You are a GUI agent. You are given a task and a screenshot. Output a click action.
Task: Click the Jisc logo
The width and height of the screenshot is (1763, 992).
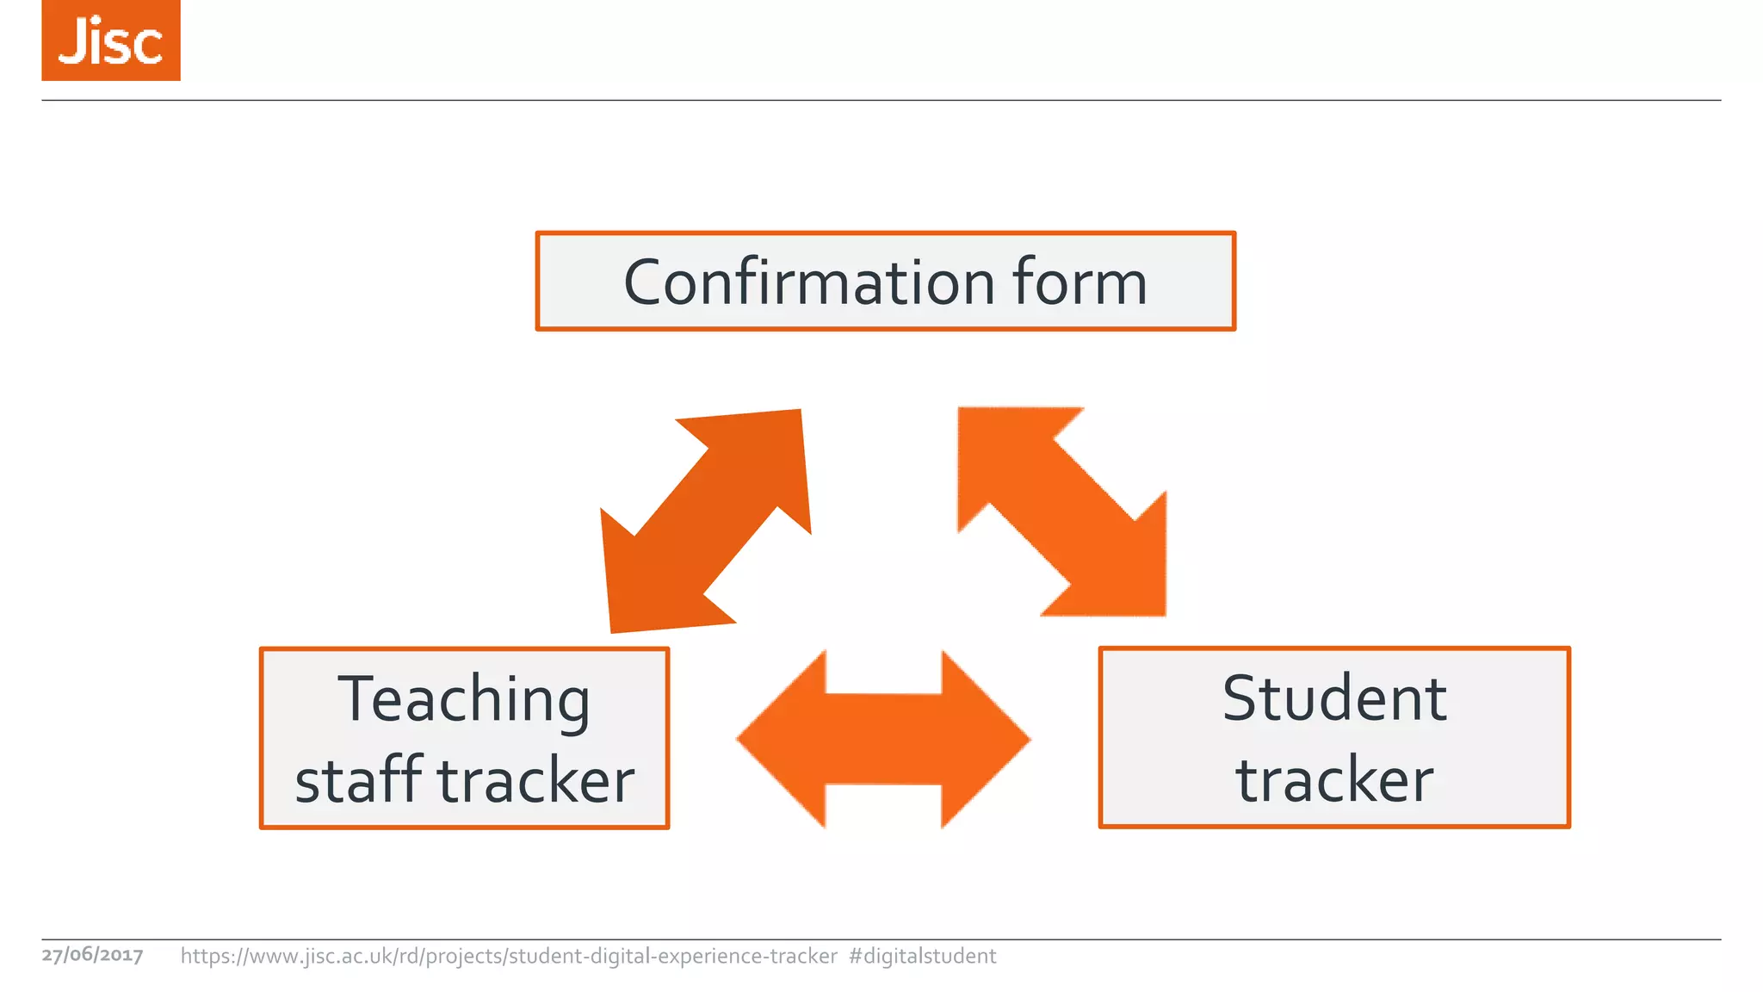click(x=110, y=40)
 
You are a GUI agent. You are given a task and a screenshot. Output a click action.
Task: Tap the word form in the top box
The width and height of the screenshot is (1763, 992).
click(x=1079, y=282)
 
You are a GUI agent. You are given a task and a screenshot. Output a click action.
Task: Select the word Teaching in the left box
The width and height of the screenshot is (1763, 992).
click(x=464, y=699)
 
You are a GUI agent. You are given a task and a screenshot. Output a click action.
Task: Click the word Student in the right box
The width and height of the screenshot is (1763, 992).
click(x=1334, y=698)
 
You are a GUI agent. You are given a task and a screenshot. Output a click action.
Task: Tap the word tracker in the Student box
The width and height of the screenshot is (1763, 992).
click(x=1334, y=779)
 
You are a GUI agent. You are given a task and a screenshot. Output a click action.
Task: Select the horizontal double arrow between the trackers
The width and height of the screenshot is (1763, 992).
click(x=884, y=739)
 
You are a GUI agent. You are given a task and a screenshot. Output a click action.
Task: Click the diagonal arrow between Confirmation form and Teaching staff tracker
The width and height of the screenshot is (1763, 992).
click(x=706, y=521)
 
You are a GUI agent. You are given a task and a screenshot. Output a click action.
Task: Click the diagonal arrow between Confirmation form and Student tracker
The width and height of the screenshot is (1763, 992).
click(x=1062, y=512)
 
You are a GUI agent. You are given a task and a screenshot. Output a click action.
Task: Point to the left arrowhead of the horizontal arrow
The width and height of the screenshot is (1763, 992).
click(x=779, y=739)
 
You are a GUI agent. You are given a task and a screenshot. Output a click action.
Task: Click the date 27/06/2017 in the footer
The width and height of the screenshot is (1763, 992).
click(x=92, y=955)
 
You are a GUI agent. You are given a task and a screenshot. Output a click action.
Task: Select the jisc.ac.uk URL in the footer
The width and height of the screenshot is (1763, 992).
click(x=508, y=956)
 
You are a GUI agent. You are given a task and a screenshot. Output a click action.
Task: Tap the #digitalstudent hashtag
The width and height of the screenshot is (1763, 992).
click(x=922, y=956)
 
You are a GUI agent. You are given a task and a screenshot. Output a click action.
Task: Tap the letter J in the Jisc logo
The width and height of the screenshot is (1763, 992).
click(x=74, y=40)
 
